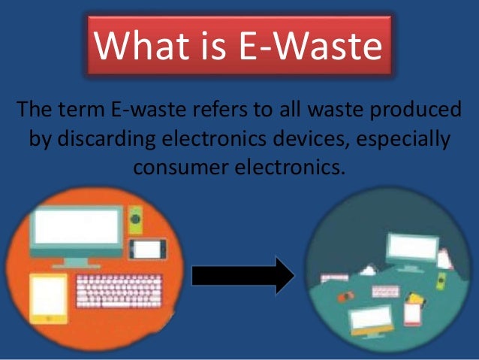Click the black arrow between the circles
click(243, 275)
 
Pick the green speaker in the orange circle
click(136, 217)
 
